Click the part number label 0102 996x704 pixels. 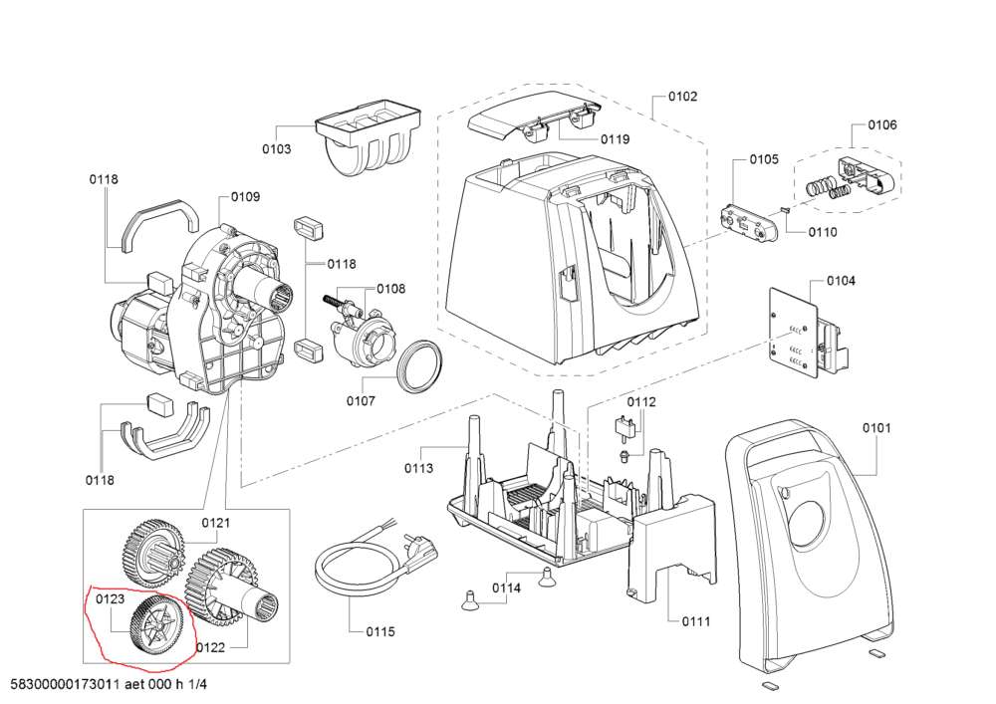[683, 97]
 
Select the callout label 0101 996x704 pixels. [877, 428]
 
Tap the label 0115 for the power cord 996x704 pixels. [380, 631]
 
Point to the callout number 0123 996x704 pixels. [110, 599]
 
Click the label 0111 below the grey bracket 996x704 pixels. [696, 621]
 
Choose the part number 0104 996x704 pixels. [841, 282]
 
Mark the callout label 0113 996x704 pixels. [419, 468]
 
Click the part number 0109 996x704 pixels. [246, 197]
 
